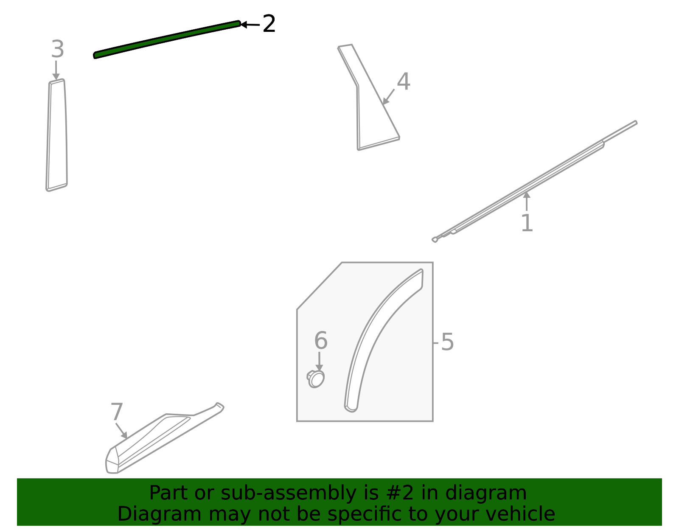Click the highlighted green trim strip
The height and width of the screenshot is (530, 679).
coord(167,39)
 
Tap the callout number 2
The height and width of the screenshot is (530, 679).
coord(269,24)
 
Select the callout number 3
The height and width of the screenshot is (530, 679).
coord(57,50)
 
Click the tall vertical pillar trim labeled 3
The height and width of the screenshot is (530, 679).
coord(57,135)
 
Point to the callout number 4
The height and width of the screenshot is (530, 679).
coord(403,81)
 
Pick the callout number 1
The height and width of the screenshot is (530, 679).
coord(527,223)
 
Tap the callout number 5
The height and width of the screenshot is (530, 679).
coord(447,342)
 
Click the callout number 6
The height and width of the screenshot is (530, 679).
coord(321,341)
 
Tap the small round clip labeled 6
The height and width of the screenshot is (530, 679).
coord(316,379)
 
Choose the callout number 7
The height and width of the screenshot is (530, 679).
coord(117,412)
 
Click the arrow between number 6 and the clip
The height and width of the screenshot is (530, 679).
coord(319,361)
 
